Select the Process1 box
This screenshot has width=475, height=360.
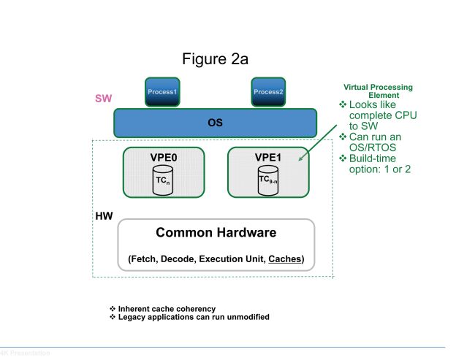tap(162, 92)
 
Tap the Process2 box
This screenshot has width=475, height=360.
tap(267, 92)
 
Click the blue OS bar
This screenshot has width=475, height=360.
tap(215, 123)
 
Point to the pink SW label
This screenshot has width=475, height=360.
tap(102, 98)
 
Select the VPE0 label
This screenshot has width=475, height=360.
tap(162, 156)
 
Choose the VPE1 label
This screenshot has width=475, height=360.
tap(267, 156)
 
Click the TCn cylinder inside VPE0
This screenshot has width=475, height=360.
tap(162, 180)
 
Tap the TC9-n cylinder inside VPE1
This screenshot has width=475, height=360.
tap(267, 180)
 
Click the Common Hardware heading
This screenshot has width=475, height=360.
tap(216, 233)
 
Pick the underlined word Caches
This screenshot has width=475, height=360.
tap(285, 259)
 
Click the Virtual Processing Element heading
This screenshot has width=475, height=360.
tap(378, 91)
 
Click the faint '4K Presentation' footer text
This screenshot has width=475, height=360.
tap(26, 353)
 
